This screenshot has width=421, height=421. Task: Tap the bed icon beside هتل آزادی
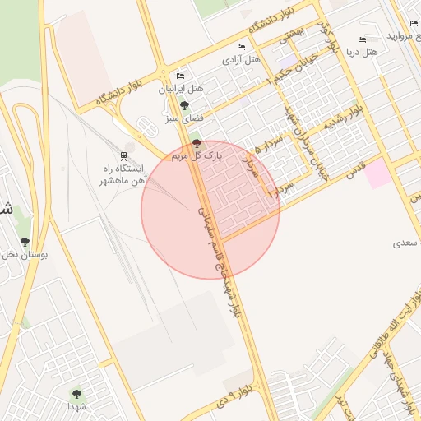240,48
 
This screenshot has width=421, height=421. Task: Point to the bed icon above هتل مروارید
414,25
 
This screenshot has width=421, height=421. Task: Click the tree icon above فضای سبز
184,105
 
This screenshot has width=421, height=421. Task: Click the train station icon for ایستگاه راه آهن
123,155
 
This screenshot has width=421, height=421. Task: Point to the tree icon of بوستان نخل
26,242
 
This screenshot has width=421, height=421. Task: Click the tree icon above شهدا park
77,395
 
